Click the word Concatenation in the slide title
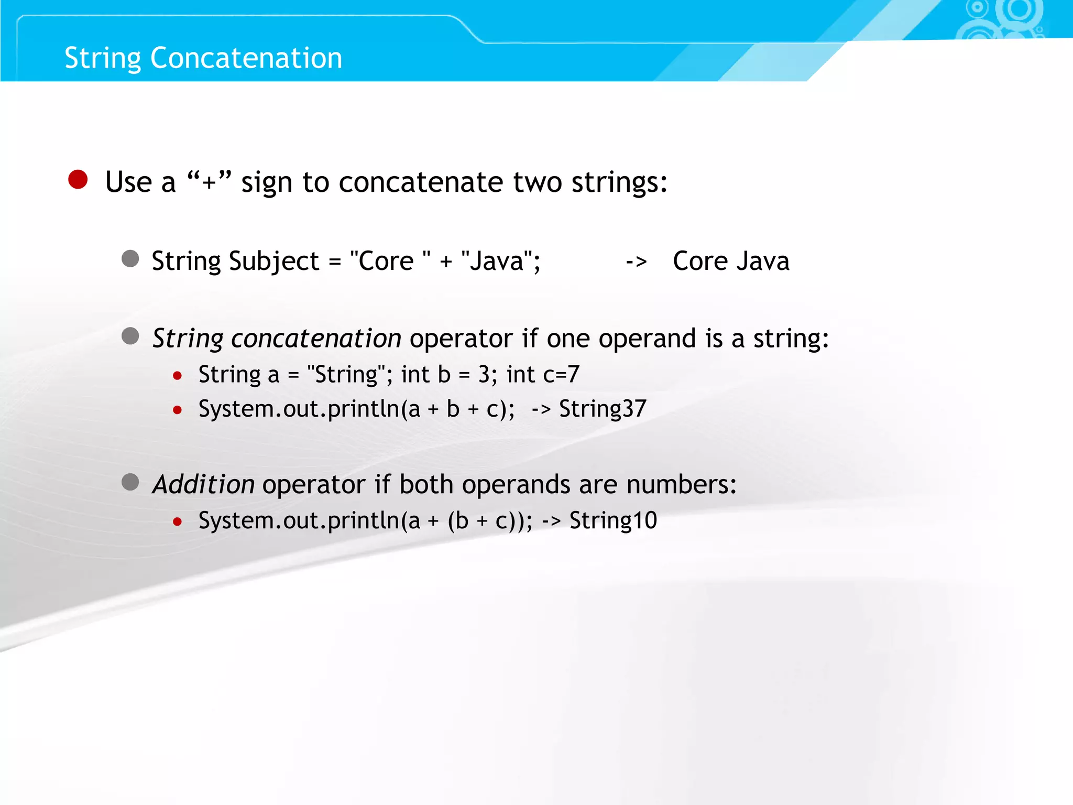(x=246, y=58)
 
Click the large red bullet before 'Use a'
(x=78, y=180)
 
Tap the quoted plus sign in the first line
(x=209, y=182)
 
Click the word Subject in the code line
(x=273, y=262)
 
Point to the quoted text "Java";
(x=500, y=260)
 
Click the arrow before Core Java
(x=636, y=262)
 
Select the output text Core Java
(x=731, y=261)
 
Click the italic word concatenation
(x=316, y=339)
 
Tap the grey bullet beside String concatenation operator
(x=130, y=336)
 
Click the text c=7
(x=561, y=375)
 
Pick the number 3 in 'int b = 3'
(x=484, y=375)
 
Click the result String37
(x=603, y=409)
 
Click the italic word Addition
(x=203, y=484)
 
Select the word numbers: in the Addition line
(x=681, y=484)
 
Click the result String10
(x=613, y=520)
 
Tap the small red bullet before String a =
(x=178, y=376)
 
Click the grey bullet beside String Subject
(x=130, y=259)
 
